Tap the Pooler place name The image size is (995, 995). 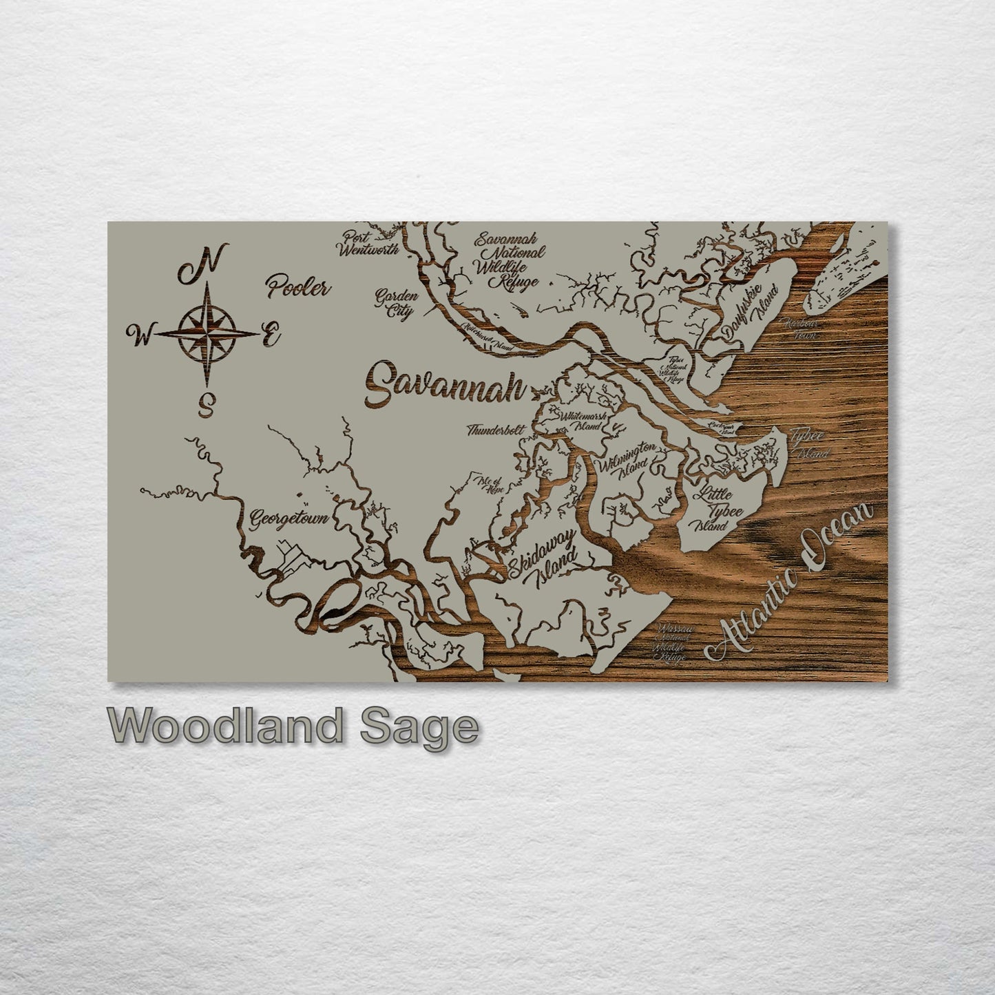tap(299, 286)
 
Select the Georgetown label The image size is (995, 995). tap(289, 517)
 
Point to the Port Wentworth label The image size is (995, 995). tap(368, 243)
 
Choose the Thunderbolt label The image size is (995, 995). tap(495, 430)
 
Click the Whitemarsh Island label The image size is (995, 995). tap(583, 421)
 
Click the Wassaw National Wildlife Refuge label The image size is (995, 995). tap(672, 643)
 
